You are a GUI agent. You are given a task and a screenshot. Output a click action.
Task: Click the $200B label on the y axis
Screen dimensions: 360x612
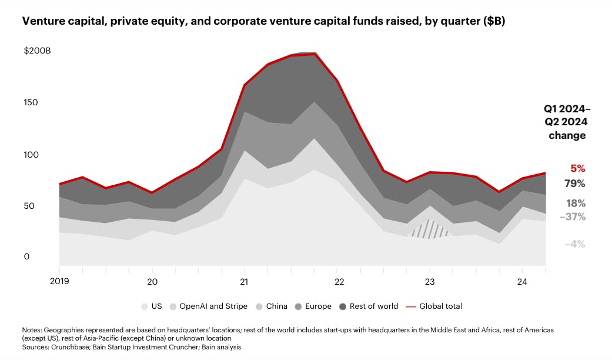[37, 51]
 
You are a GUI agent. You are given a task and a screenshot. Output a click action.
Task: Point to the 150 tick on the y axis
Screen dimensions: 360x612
[31, 102]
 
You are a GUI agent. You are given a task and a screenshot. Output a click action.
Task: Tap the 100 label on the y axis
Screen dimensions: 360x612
[31, 155]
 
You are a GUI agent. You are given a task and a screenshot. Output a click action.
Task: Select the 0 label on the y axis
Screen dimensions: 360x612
[26, 256]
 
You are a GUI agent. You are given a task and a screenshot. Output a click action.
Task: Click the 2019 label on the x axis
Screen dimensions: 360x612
[59, 281]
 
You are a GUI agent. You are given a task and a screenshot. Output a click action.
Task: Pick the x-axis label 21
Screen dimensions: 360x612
[244, 281]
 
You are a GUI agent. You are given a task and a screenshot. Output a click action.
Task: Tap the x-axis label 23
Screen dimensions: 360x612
[429, 281]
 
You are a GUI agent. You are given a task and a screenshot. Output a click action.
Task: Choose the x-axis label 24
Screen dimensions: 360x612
[521, 281]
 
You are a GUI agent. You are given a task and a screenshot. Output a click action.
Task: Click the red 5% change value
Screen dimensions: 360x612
[577, 169]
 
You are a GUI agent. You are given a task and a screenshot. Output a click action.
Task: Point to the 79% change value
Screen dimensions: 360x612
[576, 184]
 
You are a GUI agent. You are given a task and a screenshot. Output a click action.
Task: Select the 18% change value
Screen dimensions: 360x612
[576, 204]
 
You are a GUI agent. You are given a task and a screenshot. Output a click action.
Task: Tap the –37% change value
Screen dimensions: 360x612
[572, 217]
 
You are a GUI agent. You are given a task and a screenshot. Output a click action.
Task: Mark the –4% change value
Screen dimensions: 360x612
[574, 244]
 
